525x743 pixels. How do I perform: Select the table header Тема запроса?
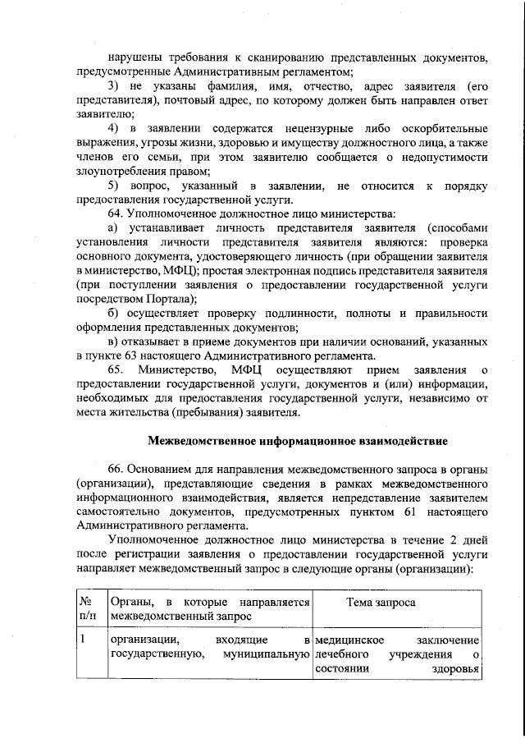pyautogui.click(x=381, y=603)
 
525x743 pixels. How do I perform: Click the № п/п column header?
pyautogui.click(x=87, y=608)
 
